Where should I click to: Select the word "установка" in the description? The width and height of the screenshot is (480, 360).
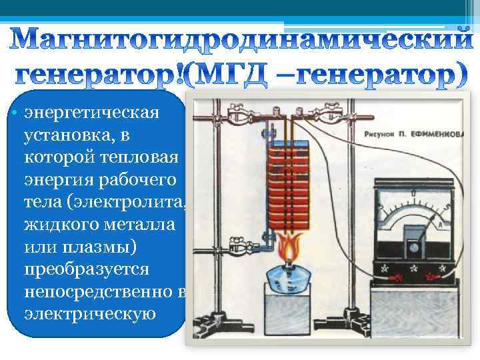pyautogui.click(x=67, y=136)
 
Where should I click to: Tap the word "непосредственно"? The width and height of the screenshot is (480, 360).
pyautogui.click(x=99, y=293)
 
